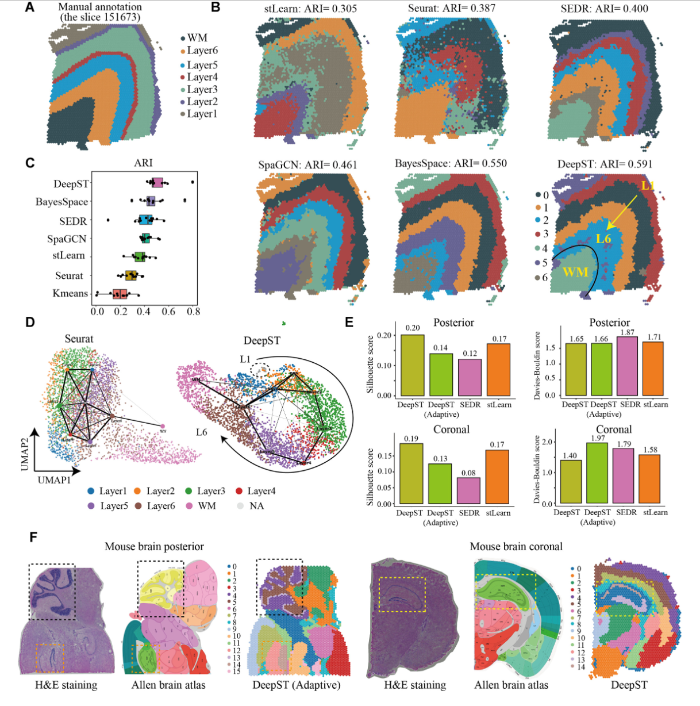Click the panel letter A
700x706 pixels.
point(29,8)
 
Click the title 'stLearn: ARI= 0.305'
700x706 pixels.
point(302,8)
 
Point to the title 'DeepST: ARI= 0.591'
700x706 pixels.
point(605,164)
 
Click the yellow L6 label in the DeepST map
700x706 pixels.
point(603,238)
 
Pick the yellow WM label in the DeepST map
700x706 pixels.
point(575,271)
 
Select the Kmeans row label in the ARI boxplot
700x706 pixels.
point(70,293)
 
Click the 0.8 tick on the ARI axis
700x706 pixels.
point(193,312)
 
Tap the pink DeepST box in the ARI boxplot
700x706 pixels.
point(157,182)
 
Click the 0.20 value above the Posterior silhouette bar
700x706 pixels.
point(412,328)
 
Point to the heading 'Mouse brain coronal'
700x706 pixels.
point(516,546)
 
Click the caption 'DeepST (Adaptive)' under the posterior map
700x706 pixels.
point(297,685)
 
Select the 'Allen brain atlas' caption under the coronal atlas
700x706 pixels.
point(511,685)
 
